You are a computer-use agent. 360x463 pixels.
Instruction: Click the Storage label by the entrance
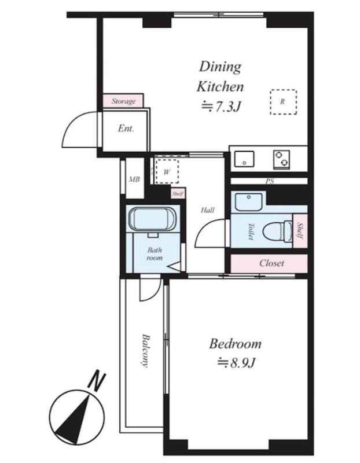click(123, 101)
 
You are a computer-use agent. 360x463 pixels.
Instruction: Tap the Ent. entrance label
click(126, 128)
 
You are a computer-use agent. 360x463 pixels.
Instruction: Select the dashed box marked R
click(284, 102)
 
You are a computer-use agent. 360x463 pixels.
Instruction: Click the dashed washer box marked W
click(167, 171)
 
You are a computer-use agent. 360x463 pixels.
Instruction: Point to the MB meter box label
click(134, 179)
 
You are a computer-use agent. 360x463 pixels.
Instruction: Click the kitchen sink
click(244, 160)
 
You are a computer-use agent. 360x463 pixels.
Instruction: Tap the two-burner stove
click(281, 160)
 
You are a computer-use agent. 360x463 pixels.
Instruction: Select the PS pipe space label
click(270, 181)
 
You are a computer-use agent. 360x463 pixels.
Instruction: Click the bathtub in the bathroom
click(152, 219)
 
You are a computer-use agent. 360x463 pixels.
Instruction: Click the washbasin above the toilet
click(249, 202)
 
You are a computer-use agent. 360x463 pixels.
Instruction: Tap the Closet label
click(271, 263)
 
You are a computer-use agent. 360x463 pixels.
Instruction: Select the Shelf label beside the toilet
click(300, 230)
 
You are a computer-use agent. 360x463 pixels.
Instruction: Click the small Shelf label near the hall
click(178, 194)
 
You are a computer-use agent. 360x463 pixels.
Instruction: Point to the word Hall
click(208, 210)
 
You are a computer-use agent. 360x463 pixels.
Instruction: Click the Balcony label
click(145, 350)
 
